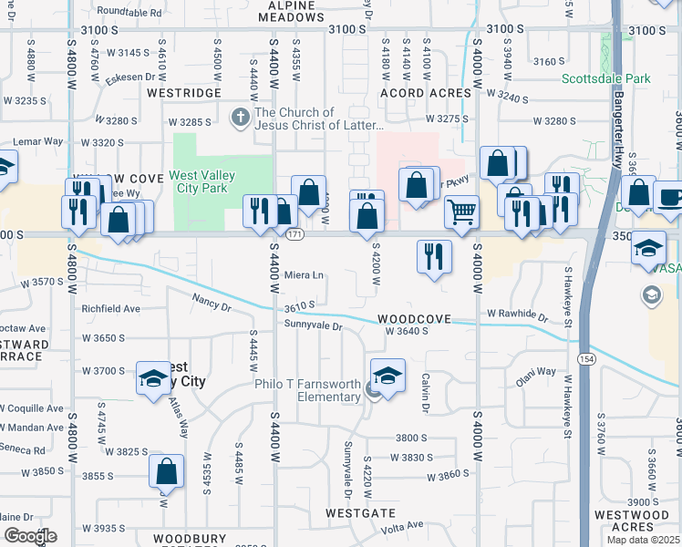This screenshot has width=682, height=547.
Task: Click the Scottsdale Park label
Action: pyautogui.click(x=605, y=79)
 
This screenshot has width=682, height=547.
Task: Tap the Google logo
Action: pyautogui.click(x=30, y=537)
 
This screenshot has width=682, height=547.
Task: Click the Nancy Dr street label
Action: pyautogui.click(x=211, y=298)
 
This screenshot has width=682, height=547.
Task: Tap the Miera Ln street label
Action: pyautogui.click(x=305, y=275)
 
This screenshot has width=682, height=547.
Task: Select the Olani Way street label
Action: pyautogui.click(x=535, y=373)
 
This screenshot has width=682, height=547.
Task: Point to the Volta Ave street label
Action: pyautogui.click(x=402, y=525)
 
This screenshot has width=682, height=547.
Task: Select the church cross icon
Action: pyautogui.click(x=241, y=118)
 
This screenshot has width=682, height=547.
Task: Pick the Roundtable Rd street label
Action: pyautogui.click(x=129, y=14)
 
